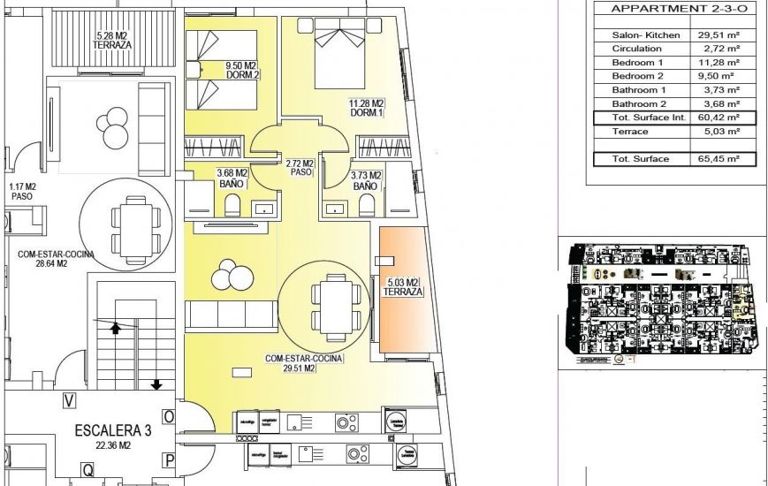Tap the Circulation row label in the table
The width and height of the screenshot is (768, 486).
click(636, 49)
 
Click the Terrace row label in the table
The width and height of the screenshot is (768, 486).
click(630, 132)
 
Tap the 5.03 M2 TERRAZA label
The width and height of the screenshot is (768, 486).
click(401, 287)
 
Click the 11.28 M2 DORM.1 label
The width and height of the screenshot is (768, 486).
click(366, 107)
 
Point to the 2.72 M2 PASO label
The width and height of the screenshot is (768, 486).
click(300, 168)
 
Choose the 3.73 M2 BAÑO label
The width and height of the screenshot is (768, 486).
click(365, 181)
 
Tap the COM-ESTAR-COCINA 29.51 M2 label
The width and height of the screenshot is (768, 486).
click(304, 363)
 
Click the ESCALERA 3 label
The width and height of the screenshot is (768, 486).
click(113, 431)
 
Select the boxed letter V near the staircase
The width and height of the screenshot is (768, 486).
click(69, 400)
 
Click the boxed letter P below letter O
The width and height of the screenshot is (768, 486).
click(169, 459)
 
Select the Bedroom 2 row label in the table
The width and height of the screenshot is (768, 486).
click(637, 77)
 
